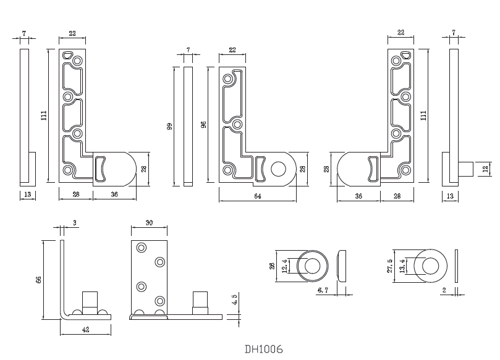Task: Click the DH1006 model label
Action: click(264, 350)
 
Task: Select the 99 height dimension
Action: click(169, 126)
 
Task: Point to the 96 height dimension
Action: click(204, 125)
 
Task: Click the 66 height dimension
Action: click(39, 280)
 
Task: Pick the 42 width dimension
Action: click(85, 330)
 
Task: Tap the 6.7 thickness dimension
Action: click(322, 290)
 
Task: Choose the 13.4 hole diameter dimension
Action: click(403, 266)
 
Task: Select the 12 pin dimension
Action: click(485, 168)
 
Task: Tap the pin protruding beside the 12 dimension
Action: click(465, 168)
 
